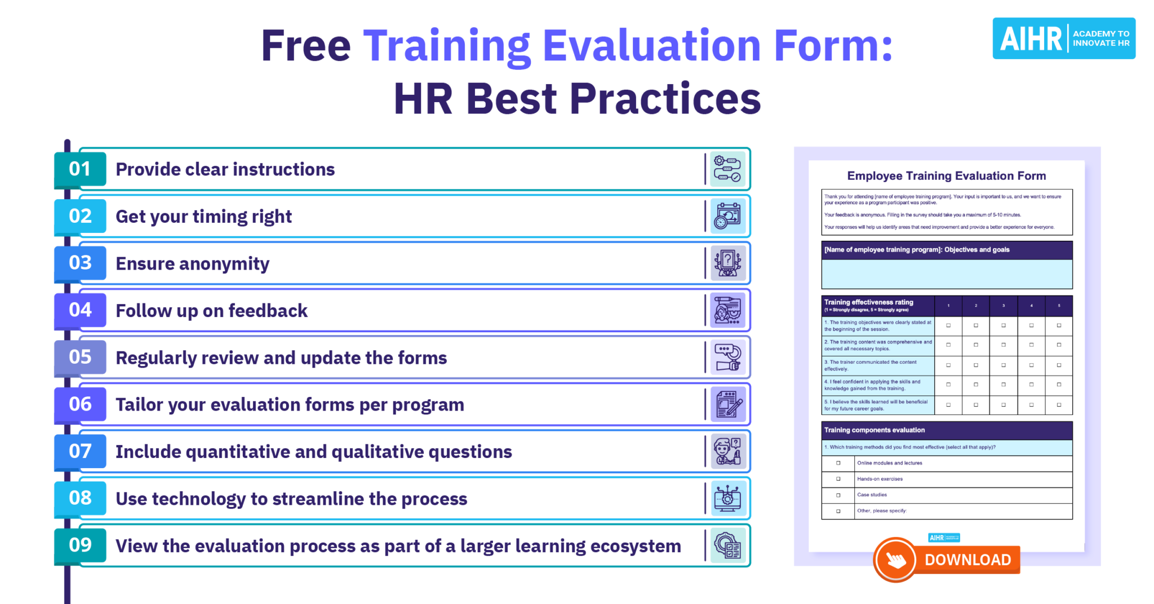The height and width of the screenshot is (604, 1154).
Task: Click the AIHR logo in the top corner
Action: (x=1063, y=38)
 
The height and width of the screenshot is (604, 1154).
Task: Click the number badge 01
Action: (x=80, y=169)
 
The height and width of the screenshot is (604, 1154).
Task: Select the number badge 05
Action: (x=80, y=357)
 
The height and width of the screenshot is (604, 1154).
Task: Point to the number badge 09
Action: (x=80, y=545)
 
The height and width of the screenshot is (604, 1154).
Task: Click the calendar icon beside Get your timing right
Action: (x=727, y=217)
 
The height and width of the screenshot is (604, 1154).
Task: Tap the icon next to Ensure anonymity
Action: (x=727, y=263)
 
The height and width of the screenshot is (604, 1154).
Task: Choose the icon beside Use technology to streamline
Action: (x=727, y=499)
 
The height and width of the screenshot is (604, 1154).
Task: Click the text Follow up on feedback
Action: (x=211, y=311)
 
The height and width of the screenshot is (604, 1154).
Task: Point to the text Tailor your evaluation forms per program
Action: (x=290, y=405)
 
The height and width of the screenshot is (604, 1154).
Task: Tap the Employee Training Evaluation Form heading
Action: (x=946, y=176)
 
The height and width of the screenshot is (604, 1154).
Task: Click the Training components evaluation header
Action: (x=874, y=430)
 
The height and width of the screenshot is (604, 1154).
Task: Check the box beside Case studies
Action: (x=838, y=495)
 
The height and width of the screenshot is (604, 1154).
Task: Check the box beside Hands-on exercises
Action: (x=838, y=479)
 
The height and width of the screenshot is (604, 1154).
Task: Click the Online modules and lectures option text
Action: (x=889, y=463)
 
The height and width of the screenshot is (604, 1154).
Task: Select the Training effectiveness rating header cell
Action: (x=877, y=305)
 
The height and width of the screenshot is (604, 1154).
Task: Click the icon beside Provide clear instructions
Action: (x=727, y=169)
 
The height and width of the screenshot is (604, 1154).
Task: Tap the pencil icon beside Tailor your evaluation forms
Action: (x=727, y=404)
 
